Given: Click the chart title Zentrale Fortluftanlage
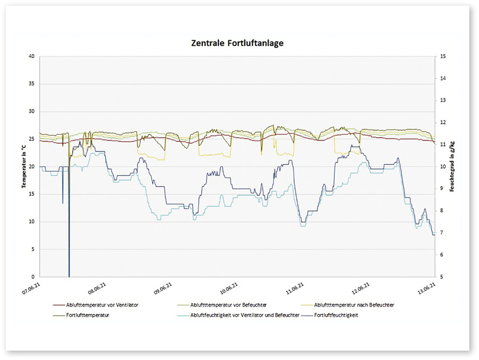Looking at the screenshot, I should (x=237, y=43).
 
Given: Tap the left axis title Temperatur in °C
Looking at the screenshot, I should (x=24, y=165).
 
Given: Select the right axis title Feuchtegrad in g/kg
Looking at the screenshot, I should (x=451, y=166).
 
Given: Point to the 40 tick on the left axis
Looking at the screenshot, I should (x=32, y=57).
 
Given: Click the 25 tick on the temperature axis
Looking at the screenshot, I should (x=32, y=139).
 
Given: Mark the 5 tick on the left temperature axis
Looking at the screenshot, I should (x=34, y=250).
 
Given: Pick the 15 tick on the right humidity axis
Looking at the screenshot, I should (x=443, y=57).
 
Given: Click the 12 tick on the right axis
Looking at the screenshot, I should (x=443, y=123).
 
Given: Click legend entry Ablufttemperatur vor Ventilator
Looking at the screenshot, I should (x=102, y=305).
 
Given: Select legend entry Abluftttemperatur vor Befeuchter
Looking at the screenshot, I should (x=225, y=305).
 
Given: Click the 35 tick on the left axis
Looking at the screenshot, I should (x=32, y=84).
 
